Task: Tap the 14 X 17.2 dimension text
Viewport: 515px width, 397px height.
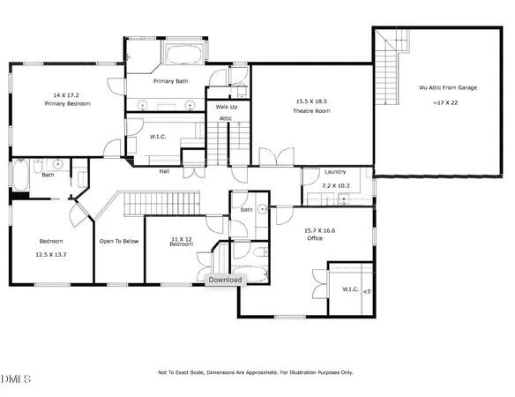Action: pos(68,94)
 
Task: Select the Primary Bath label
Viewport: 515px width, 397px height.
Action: pos(172,81)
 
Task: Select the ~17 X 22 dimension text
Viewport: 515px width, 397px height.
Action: pos(444,103)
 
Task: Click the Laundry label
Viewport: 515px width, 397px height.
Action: pos(335,172)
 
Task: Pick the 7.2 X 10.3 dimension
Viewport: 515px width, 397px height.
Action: pos(335,186)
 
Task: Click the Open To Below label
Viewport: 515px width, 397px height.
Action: pos(117,241)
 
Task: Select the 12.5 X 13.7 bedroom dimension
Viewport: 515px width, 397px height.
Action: pos(51,254)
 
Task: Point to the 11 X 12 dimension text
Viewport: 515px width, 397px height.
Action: pos(183,237)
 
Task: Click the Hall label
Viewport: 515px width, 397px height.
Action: pos(164,171)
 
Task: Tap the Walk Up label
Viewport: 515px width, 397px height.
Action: pos(224,106)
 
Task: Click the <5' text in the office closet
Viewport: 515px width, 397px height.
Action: pos(367,290)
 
